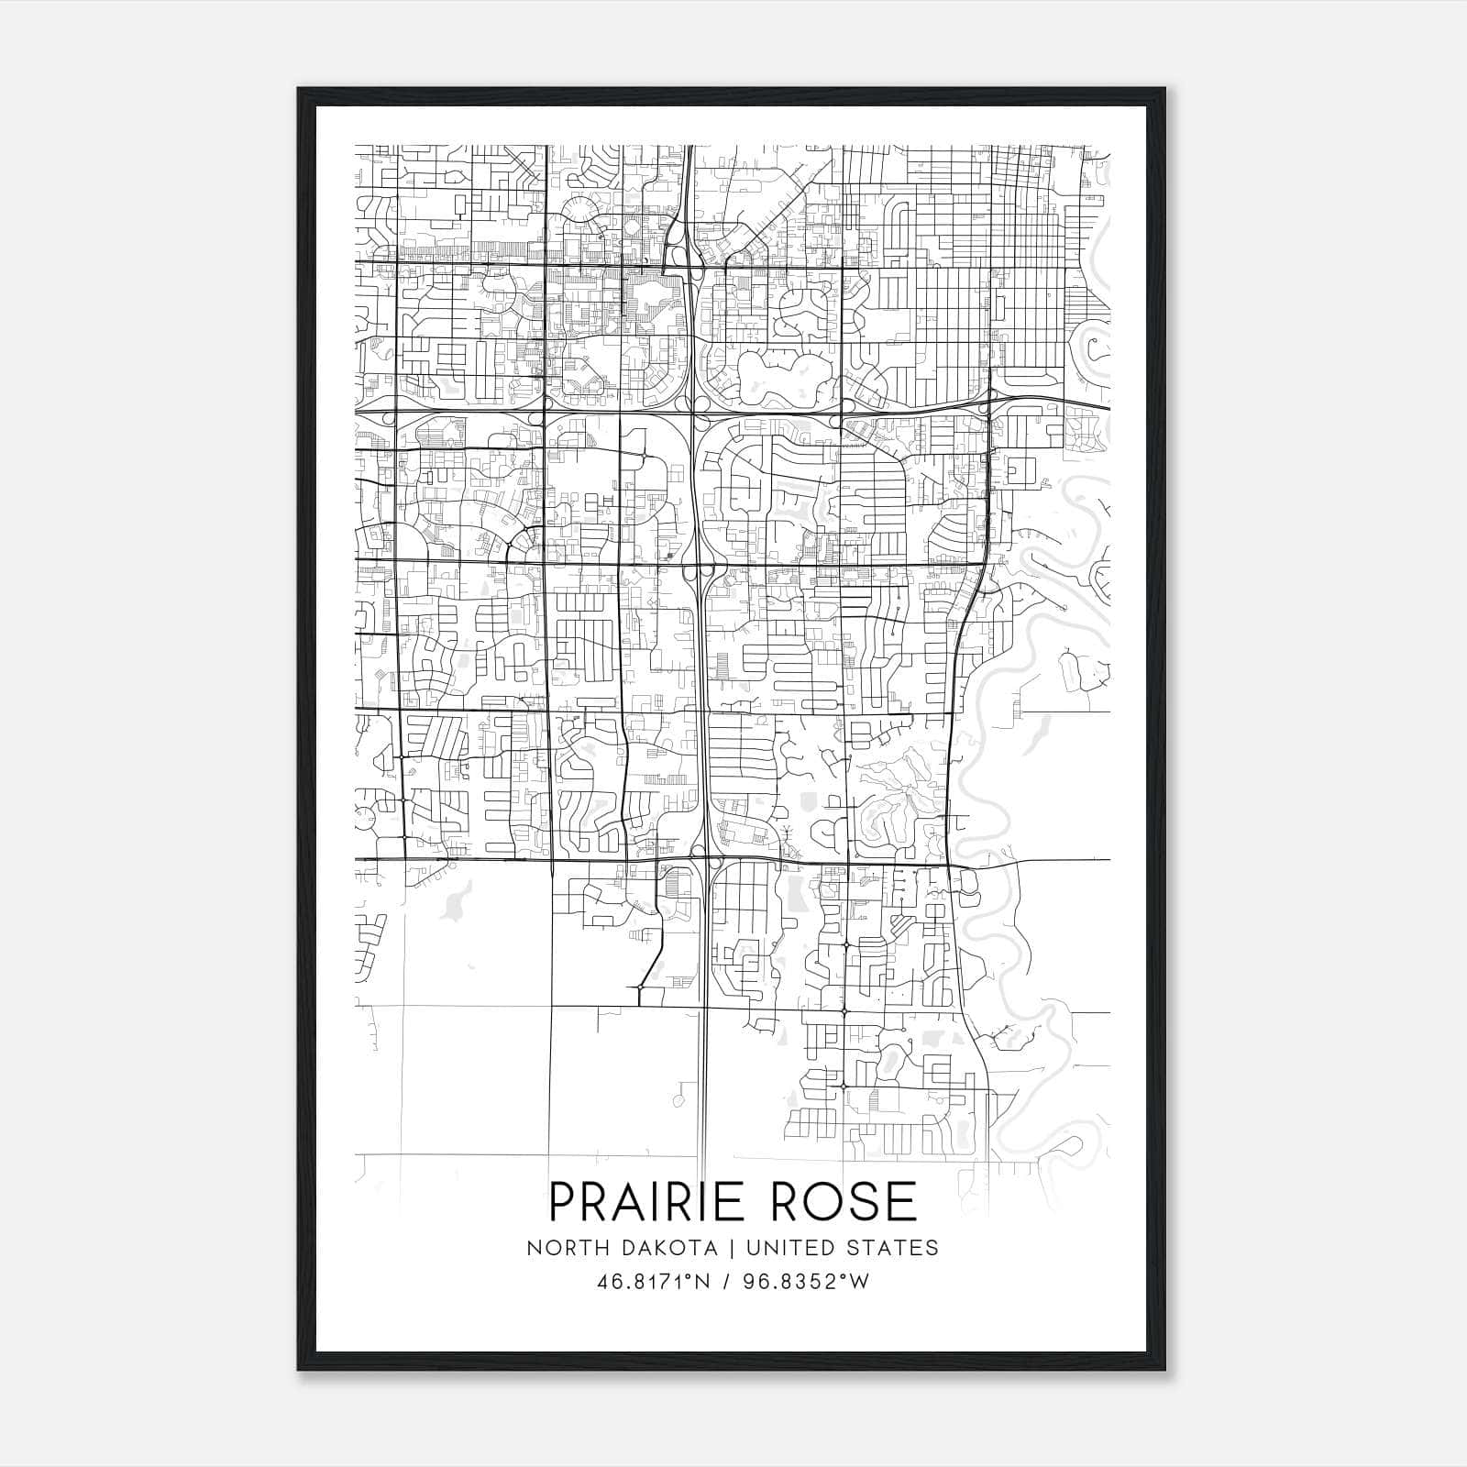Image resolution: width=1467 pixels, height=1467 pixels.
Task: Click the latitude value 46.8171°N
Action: pyautogui.click(x=655, y=1281)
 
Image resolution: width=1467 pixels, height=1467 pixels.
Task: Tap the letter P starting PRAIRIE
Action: pyautogui.click(x=562, y=1200)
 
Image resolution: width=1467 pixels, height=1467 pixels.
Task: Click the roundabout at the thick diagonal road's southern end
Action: pyautogui.click(x=638, y=987)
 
